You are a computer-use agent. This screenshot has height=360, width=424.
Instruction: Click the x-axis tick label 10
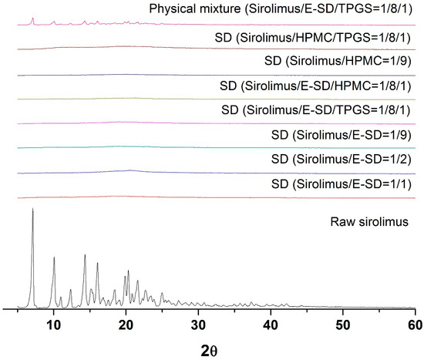click(x=54, y=323)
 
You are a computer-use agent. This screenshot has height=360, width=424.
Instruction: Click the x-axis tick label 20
click(x=126, y=323)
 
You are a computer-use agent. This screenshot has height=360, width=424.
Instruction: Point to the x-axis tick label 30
click(x=199, y=323)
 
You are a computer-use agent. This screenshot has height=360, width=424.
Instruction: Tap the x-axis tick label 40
click(x=271, y=323)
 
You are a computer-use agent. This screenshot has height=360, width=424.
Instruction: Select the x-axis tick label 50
click(x=344, y=323)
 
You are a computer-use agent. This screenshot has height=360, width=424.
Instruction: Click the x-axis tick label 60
click(x=415, y=323)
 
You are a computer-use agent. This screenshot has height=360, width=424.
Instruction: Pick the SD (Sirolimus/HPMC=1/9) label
click(x=339, y=62)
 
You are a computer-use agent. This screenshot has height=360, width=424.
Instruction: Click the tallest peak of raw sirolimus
click(x=32, y=209)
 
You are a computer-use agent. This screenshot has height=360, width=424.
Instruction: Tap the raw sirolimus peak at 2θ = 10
click(x=54, y=257)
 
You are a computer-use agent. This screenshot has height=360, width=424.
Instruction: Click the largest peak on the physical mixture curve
click(x=32, y=19)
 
